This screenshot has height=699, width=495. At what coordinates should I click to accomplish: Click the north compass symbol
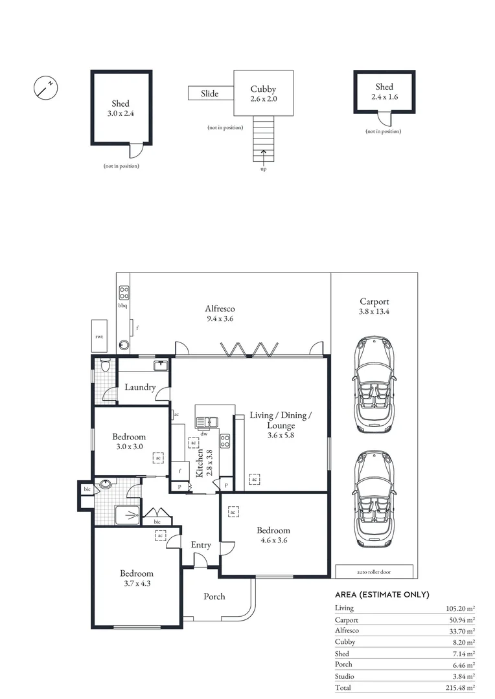[x=45, y=87]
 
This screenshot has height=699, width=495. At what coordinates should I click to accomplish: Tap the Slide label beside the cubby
[x=209, y=94]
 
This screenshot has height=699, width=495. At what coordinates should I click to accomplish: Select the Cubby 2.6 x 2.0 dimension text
[x=263, y=99]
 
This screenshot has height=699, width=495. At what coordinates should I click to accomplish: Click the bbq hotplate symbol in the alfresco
[x=124, y=293]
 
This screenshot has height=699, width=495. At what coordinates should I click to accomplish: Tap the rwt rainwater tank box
[x=99, y=336]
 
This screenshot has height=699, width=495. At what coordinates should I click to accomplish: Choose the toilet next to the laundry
[x=106, y=365]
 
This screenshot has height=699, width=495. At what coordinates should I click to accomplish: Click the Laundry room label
[x=140, y=387]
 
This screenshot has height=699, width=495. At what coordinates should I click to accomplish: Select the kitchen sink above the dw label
[x=206, y=421]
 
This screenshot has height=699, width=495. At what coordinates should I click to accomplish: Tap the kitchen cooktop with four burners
[x=225, y=441]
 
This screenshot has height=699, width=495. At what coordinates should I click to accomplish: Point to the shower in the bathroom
[x=127, y=515]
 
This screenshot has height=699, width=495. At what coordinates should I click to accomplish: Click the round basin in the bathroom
[x=106, y=483]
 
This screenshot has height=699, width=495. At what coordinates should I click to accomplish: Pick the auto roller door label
[x=374, y=572]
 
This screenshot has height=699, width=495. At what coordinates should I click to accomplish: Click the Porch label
[x=214, y=597]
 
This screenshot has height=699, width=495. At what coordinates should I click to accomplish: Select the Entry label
[x=201, y=545]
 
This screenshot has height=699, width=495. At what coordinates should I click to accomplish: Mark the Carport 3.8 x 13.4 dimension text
[x=374, y=311]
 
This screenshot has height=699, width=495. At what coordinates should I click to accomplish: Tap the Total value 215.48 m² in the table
[x=460, y=688]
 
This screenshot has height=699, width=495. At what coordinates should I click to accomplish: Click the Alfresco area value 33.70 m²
[x=462, y=631]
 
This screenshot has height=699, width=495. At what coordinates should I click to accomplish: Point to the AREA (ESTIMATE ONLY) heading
[x=382, y=595]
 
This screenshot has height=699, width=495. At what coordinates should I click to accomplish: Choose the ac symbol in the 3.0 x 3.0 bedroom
[x=158, y=458]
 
